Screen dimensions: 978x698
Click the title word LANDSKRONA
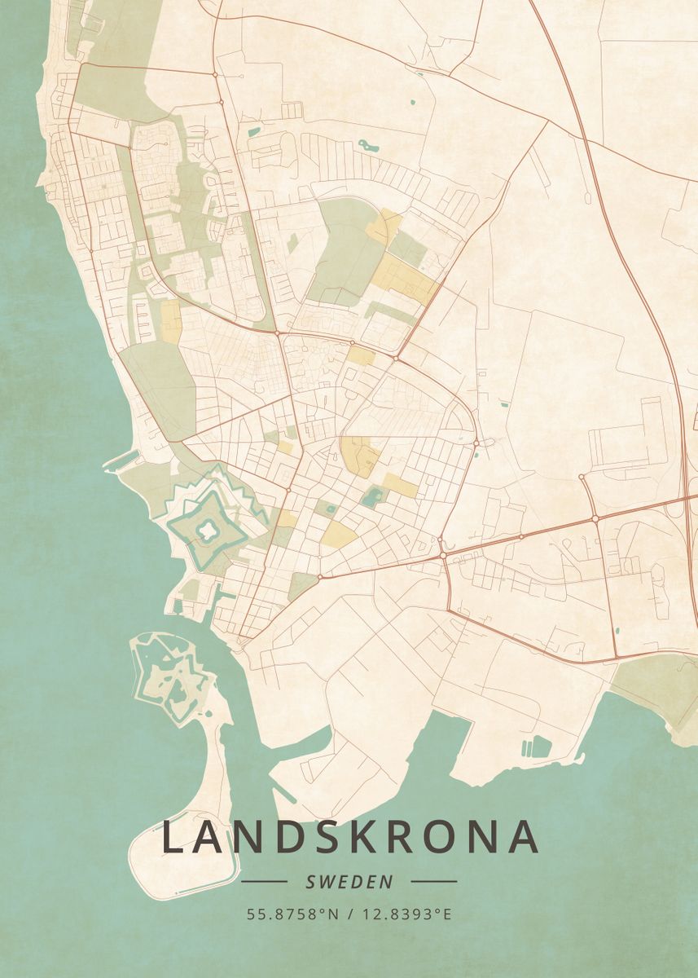coord(350,837)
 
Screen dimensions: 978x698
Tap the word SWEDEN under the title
coord(349,882)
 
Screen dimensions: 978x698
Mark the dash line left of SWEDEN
coord(264,881)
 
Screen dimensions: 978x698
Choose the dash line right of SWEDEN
coord(433,881)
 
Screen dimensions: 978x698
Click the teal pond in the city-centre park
coord(372,495)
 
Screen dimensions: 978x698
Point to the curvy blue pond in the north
coord(367,147)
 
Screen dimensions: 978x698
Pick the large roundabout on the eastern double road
coord(595,518)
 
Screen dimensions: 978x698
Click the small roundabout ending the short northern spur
coord(582,477)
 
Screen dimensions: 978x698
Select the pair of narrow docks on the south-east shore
coord(526,747)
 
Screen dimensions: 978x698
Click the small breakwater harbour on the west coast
coord(116,462)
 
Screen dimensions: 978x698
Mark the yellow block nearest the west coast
coord(170,321)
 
